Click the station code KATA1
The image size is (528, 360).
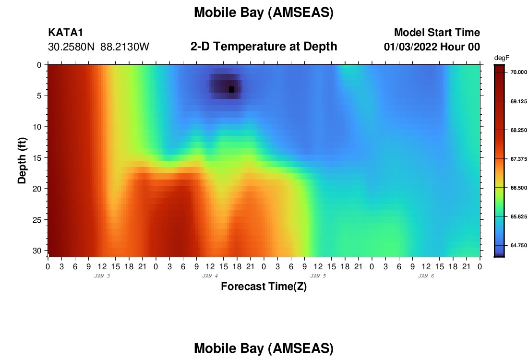pyautogui.click(x=65, y=32)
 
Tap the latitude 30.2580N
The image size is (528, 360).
pyautogui.click(x=72, y=47)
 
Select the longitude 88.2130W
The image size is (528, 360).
pyautogui.click(x=125, y=47)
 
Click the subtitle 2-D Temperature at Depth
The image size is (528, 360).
pyautogui.click(x=264, y=47)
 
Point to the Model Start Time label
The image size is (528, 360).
pyautogui.click(x=437, y=32)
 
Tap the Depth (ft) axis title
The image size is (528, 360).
pyautogui.click(x=22, y=161)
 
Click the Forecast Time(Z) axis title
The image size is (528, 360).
pyautogui.click(x=264, y=286)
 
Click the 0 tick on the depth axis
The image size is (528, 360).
pyautogui.click(x=39, y=65)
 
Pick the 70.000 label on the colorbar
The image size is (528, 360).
pyautogui.click(x=518, y=72)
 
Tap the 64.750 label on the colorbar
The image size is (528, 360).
pyautogui.click(x=518, y=245)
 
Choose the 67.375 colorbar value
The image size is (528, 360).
pyautogui.click(x=518, y=159)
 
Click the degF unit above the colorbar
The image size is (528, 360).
pyautogui.click(x=502, y=58)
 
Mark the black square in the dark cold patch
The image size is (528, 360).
pyautogui.click(x=231, y=90)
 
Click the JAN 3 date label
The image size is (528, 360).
pyautogui.click(x=102, y=276)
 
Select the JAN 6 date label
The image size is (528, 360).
pyautogui.click(x=426, y=276)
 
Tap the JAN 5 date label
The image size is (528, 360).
pyautogui.click(x=318, y=276)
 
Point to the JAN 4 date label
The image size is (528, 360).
pyautogui.click(x=210, y=276)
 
